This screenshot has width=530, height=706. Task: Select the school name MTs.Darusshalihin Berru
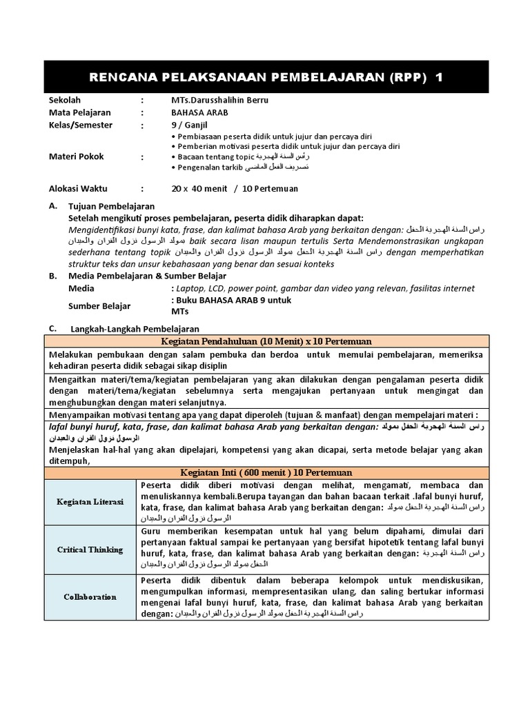tap(219, 100)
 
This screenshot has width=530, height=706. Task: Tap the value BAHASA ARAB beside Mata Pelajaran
tap(199, 112)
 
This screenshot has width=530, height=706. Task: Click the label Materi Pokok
tap(77, 157)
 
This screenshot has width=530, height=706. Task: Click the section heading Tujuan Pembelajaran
tap(111, 206)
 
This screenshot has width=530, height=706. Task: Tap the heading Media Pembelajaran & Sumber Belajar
tap(137, 276)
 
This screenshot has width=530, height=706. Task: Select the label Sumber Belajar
tap(99, 306)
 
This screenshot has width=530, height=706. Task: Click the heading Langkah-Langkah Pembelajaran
tap(135, 329)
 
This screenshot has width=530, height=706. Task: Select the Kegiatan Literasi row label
tap(90, 502)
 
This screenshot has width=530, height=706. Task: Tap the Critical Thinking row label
tap(90, 549)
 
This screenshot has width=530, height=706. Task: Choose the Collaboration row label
tap(90, 596)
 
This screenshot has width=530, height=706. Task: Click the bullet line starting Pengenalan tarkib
tap(239, 168)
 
